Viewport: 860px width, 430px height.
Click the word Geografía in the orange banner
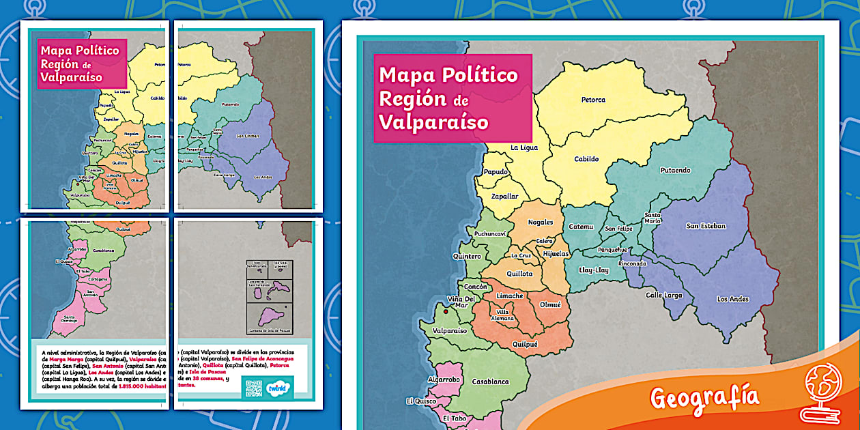[704, 397]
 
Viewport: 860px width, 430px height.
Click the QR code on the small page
[253, 387]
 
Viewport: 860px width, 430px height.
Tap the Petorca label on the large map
[593, 100]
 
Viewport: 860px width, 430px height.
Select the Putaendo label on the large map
[675, 170]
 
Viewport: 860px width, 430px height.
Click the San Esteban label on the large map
[706, 226]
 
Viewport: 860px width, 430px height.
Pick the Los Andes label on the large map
[732, 299]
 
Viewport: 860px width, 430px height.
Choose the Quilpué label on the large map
[525, 345]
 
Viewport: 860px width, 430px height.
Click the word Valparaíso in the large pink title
[433, 121]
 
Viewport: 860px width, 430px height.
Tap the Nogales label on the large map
[541, 223]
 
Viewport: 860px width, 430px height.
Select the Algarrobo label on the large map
[444, 379]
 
